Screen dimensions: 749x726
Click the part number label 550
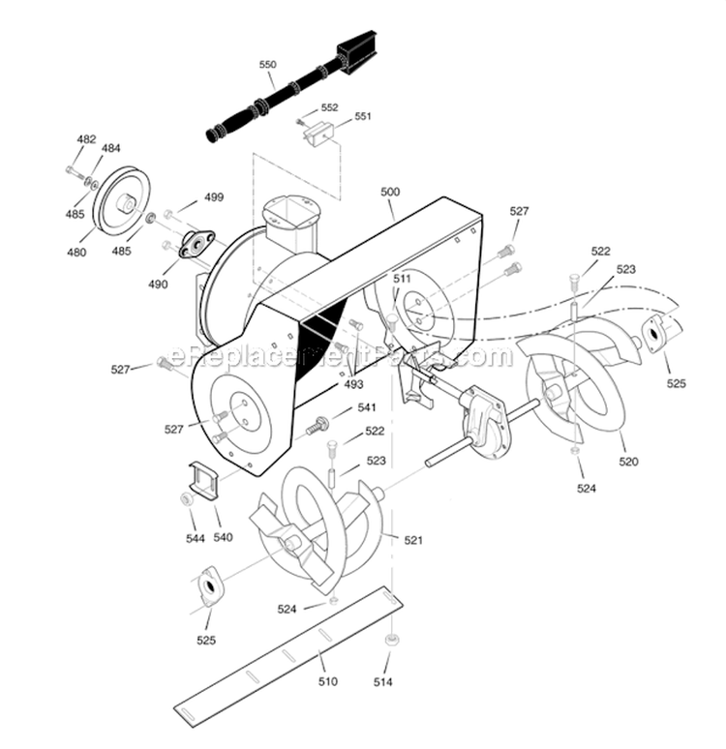coord(268,65)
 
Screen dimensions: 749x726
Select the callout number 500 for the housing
coord(389,192)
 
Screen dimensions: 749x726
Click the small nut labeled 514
coord(391,641)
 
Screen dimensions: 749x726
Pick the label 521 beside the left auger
coord(413,540)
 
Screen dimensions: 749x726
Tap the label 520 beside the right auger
coord(628,462)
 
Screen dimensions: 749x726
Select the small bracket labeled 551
coord(319,135)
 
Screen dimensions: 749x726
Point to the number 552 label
coord(329,107)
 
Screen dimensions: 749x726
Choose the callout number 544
coord(196,537)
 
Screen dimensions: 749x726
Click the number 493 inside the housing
coord(354,384)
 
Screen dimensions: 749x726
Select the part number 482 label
coord(86,139)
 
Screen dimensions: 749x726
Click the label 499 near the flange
coord(213,196)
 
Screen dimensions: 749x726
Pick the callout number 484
coord(111,148)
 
